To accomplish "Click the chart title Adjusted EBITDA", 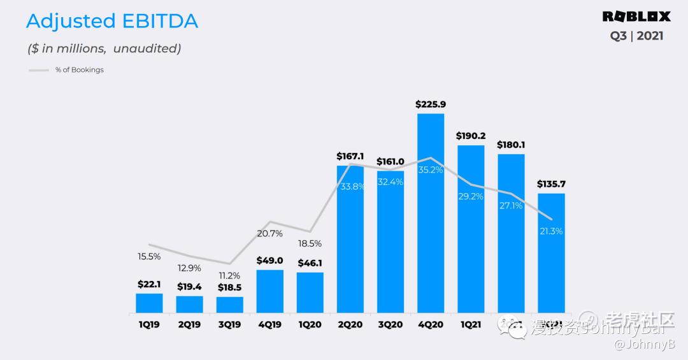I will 112,21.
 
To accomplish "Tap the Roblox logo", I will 636,17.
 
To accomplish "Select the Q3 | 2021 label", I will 636,36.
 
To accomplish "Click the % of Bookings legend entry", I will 79,70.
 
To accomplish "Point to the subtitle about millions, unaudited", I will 104,48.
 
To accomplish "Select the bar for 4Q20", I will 430,213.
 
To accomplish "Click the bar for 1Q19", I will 149,303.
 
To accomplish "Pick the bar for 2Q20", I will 350,239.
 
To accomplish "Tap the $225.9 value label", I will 430,104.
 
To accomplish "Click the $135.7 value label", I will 551,184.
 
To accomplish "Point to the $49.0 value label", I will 269,260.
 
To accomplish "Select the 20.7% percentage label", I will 270,234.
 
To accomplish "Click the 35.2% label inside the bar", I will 430,170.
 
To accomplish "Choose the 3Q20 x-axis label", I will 390,325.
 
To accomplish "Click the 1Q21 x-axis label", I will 470,325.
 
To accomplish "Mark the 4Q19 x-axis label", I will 269,325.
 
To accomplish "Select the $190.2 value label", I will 471,136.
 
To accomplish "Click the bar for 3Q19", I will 229,305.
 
